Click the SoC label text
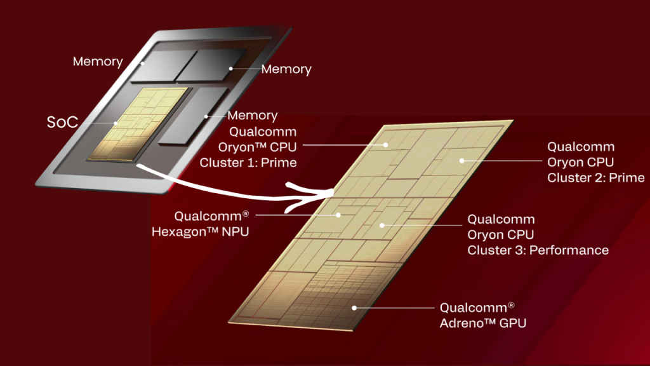63,121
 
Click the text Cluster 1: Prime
248,163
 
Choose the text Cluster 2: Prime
595,177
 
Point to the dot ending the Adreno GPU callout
354,308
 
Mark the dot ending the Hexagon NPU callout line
339,215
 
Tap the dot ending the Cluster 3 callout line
381,224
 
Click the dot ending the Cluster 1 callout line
386,145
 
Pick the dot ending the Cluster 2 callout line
462,160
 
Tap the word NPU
234,231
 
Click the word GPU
512,323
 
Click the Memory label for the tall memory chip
252,116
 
